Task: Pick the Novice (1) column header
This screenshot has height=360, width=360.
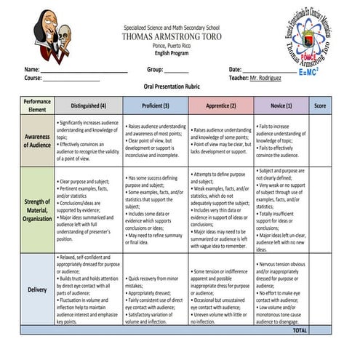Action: pos(281,105)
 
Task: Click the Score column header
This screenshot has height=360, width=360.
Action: pos(319,105)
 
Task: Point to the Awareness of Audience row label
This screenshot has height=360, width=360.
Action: pos(38,140)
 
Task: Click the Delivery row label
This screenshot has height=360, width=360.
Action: pos(38,289)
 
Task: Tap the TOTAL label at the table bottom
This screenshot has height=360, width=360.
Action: pos(299,329)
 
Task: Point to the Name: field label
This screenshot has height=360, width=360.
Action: pos(33,69)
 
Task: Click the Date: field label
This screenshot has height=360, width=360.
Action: pos(235,69)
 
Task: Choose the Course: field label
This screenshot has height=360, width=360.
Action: pos(33,77)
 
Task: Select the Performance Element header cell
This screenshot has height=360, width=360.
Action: pos(37,105)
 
